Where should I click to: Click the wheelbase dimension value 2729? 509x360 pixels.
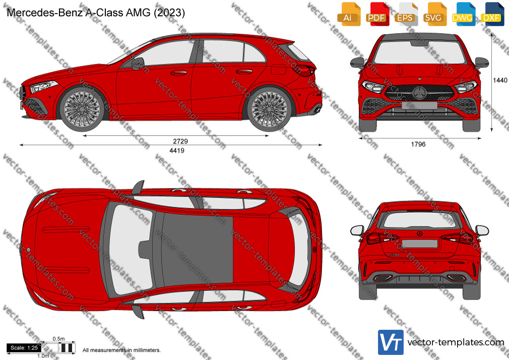tap(180, 141)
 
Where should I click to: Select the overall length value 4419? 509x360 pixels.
tap(177, 150)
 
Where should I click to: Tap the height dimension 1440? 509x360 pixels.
tap(500, 80)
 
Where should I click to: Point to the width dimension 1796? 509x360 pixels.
tap(418, 144)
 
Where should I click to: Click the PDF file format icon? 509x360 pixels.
tap(376, 14)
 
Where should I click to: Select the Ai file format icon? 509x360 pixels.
tap(348, 14)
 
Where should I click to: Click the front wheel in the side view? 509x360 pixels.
tap(82, 109)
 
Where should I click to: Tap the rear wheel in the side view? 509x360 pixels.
tap(269, 109)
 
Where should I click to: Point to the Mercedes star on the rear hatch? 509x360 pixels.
tap(420, 234)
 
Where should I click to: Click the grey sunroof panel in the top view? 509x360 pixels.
tap(197, 249)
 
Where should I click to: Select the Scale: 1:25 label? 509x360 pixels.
tap(24, 348)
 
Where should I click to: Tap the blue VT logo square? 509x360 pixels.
tap(391, 342)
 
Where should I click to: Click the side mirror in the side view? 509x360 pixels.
tap(138, 64)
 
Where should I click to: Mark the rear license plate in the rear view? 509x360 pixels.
tap(420, 244)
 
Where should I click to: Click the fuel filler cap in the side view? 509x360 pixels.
tap(279, 70)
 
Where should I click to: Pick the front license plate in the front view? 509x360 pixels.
tap(419, 105)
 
